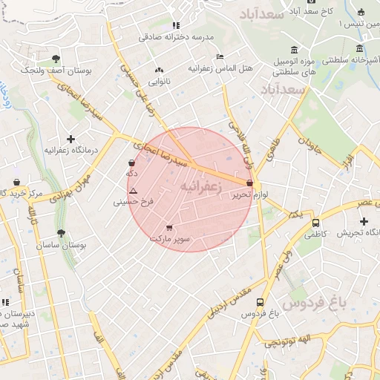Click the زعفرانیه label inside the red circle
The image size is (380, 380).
(201, 187)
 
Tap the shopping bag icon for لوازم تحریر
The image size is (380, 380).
(249, 182)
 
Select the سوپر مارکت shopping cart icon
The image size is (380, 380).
(169, 227)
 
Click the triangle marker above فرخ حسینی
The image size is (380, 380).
(133, 191)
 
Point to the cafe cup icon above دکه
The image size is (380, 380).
(132, 163)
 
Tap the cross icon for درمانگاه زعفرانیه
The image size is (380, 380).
(71, 139)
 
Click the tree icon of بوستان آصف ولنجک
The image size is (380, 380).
(56, 59)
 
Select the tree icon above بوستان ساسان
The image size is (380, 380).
(61, 233)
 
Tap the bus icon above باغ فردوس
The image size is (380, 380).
(260, 302)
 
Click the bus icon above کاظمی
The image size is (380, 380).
(315, 222)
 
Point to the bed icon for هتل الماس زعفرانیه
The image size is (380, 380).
(219, 57)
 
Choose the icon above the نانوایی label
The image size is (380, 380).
(158, 70)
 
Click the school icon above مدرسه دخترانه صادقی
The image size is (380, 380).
(175, 25)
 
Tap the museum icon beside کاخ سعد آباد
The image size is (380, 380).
(361, 12)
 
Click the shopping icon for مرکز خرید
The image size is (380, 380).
(16, 182)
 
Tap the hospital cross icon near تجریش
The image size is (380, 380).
(364, 221)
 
